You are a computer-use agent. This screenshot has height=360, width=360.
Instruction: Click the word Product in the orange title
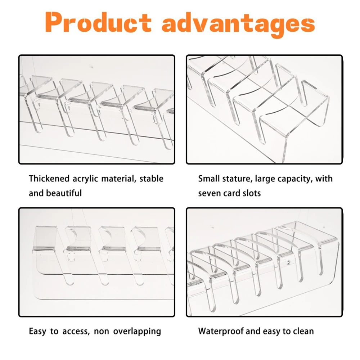(x=99, y=22)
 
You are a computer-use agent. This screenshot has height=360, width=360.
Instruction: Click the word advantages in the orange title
(x=239, y=24)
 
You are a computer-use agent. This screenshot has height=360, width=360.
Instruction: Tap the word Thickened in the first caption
(x=49, y=179)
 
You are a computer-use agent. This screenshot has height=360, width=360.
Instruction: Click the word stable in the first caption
(x=151, y=179)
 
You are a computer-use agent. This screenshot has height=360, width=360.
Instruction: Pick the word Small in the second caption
(x=208, y=179)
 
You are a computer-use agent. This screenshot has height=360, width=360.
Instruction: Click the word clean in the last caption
(x=303, y=331)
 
